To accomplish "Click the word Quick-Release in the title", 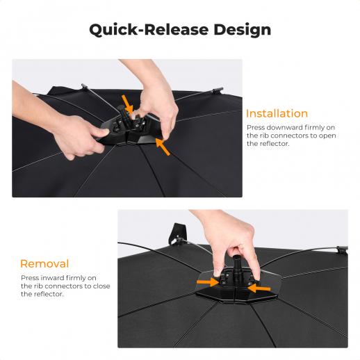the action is point(149,30).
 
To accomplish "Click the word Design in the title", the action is point(242,30).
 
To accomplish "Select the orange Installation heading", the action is point(277,113).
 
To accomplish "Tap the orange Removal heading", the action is point(44,263).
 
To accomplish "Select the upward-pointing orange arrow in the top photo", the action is point(163,147).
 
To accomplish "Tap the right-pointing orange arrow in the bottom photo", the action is point(208,282).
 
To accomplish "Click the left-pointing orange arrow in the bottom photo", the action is point(259,288).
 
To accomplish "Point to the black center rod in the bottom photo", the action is point(237,266).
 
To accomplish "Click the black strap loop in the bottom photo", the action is point(177,234).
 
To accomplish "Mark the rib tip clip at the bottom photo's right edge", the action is point(342,249).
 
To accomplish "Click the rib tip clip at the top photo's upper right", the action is point(217,90).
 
